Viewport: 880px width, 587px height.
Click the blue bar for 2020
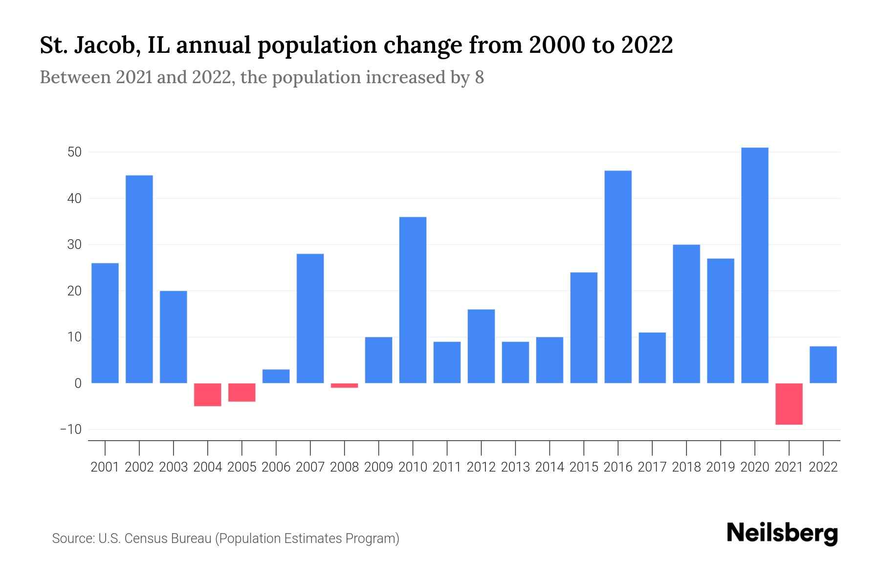754,265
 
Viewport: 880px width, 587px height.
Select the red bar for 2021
789,404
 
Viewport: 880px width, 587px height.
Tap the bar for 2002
139,279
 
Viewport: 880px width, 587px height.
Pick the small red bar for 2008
344,385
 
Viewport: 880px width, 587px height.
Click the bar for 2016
618,277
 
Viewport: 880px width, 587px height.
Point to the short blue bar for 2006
276,376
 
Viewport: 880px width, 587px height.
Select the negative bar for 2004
208,394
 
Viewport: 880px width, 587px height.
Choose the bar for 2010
413,300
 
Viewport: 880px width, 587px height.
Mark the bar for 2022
823,364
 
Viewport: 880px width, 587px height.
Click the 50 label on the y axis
74,152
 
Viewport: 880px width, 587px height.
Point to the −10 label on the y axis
71,429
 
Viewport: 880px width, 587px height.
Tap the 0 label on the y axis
78,384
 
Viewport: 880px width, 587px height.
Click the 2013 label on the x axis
515,467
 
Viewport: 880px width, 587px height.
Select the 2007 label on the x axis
310,467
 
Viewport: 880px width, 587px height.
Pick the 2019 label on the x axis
720,467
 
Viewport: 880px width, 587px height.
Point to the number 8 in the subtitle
479,77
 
